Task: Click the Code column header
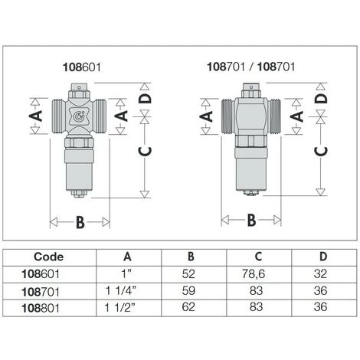point(48,257)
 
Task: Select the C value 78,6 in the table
point(254,273)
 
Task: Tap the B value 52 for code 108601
point(188,273)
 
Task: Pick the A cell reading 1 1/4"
point(121,290)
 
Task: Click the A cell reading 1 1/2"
point(120,307)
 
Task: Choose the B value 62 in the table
point(188,307)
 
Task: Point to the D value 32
point(320,273)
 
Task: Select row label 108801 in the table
point(41,308)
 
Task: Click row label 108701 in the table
point(41,292)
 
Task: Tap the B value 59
point(188,290)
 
